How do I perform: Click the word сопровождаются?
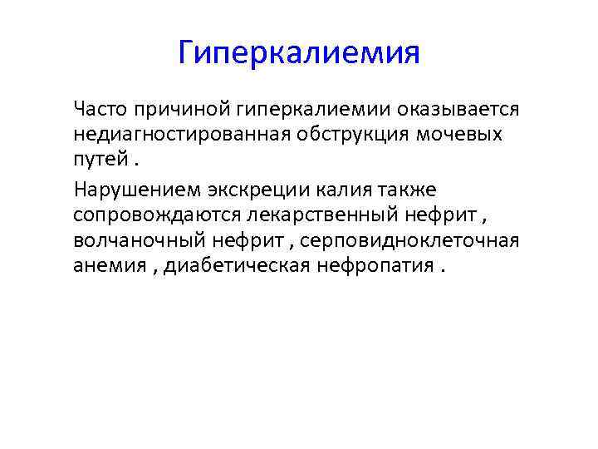[x=155, y=215]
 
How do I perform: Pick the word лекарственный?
[x=309, y=215]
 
